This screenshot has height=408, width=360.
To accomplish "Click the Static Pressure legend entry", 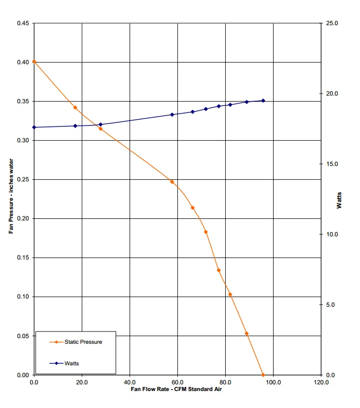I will point(83,342).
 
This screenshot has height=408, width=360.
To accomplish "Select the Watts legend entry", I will point(71,363).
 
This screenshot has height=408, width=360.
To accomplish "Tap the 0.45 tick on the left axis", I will point(23,23).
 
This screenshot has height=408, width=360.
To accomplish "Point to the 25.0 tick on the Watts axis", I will point(331,23).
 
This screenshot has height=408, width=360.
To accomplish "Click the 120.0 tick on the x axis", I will point(320,382).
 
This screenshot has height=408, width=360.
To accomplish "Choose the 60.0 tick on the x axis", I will point(177,382).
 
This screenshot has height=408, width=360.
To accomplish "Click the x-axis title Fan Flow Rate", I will point(177,390).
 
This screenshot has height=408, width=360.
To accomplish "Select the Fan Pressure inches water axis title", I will point(11,199).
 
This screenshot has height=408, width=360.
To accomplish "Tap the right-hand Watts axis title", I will point(339,199).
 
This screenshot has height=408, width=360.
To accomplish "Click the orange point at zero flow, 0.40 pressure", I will point(34,62).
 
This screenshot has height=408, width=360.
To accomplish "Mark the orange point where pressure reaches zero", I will point(263,375).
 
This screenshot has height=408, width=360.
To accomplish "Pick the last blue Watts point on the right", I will point(263,101).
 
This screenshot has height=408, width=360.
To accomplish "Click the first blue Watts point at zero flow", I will point(34,127).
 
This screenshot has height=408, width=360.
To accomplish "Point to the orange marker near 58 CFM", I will point(172,182).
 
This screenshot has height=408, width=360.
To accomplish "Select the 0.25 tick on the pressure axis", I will point(23,179).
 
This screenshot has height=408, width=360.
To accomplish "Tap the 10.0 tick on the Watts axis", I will point(331,234).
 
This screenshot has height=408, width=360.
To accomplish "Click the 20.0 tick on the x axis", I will point(82,382).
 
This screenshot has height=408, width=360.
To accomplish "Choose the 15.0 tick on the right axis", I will point(331,164).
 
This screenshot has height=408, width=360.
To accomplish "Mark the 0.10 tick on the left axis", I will point(23,296).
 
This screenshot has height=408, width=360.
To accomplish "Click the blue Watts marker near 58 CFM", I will point(172,115).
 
